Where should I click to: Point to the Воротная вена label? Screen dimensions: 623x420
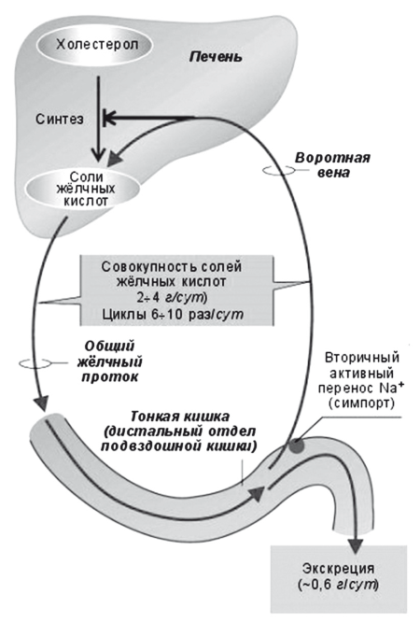tap(332, 166)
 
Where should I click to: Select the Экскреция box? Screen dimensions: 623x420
tap(339, 576)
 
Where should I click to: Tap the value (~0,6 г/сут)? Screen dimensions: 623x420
tap(338, 586)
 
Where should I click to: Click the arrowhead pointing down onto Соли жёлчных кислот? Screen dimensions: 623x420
tap(98, 158)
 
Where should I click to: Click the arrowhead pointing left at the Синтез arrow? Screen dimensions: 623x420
tap(110, 117)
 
